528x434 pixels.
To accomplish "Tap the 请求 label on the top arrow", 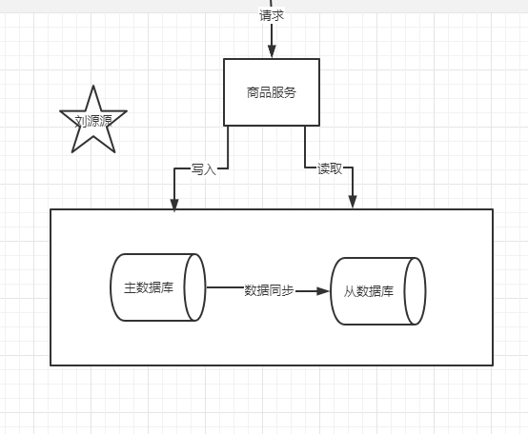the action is click(272, 15).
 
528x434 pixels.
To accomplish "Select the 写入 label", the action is click(203, 169).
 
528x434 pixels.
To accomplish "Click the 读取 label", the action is click(330, 168).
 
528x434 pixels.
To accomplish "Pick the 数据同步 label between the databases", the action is click(269, 290).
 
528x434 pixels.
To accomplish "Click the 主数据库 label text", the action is click(149, 287).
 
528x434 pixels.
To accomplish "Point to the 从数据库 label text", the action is click(369, 291).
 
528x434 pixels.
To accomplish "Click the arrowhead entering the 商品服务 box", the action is click(272, 51).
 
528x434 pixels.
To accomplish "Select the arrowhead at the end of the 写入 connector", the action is click(174, 205).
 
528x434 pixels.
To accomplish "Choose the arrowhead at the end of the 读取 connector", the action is click(353, 202).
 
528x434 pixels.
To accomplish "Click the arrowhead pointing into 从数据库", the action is click(322, 291).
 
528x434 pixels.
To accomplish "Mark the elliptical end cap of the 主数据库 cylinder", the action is click(194, 287).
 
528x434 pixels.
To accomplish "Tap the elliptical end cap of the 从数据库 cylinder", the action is click(415, 291).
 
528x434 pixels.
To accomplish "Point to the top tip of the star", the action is click(93, 86).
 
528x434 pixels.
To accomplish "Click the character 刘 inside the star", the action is click(80, 121).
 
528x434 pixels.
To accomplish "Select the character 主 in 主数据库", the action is click(130, 287).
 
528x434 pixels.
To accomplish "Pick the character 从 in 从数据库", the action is click(350, 291).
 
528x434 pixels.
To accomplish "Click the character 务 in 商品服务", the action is click(290, 92).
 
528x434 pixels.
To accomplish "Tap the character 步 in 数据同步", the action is click(288, 290).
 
